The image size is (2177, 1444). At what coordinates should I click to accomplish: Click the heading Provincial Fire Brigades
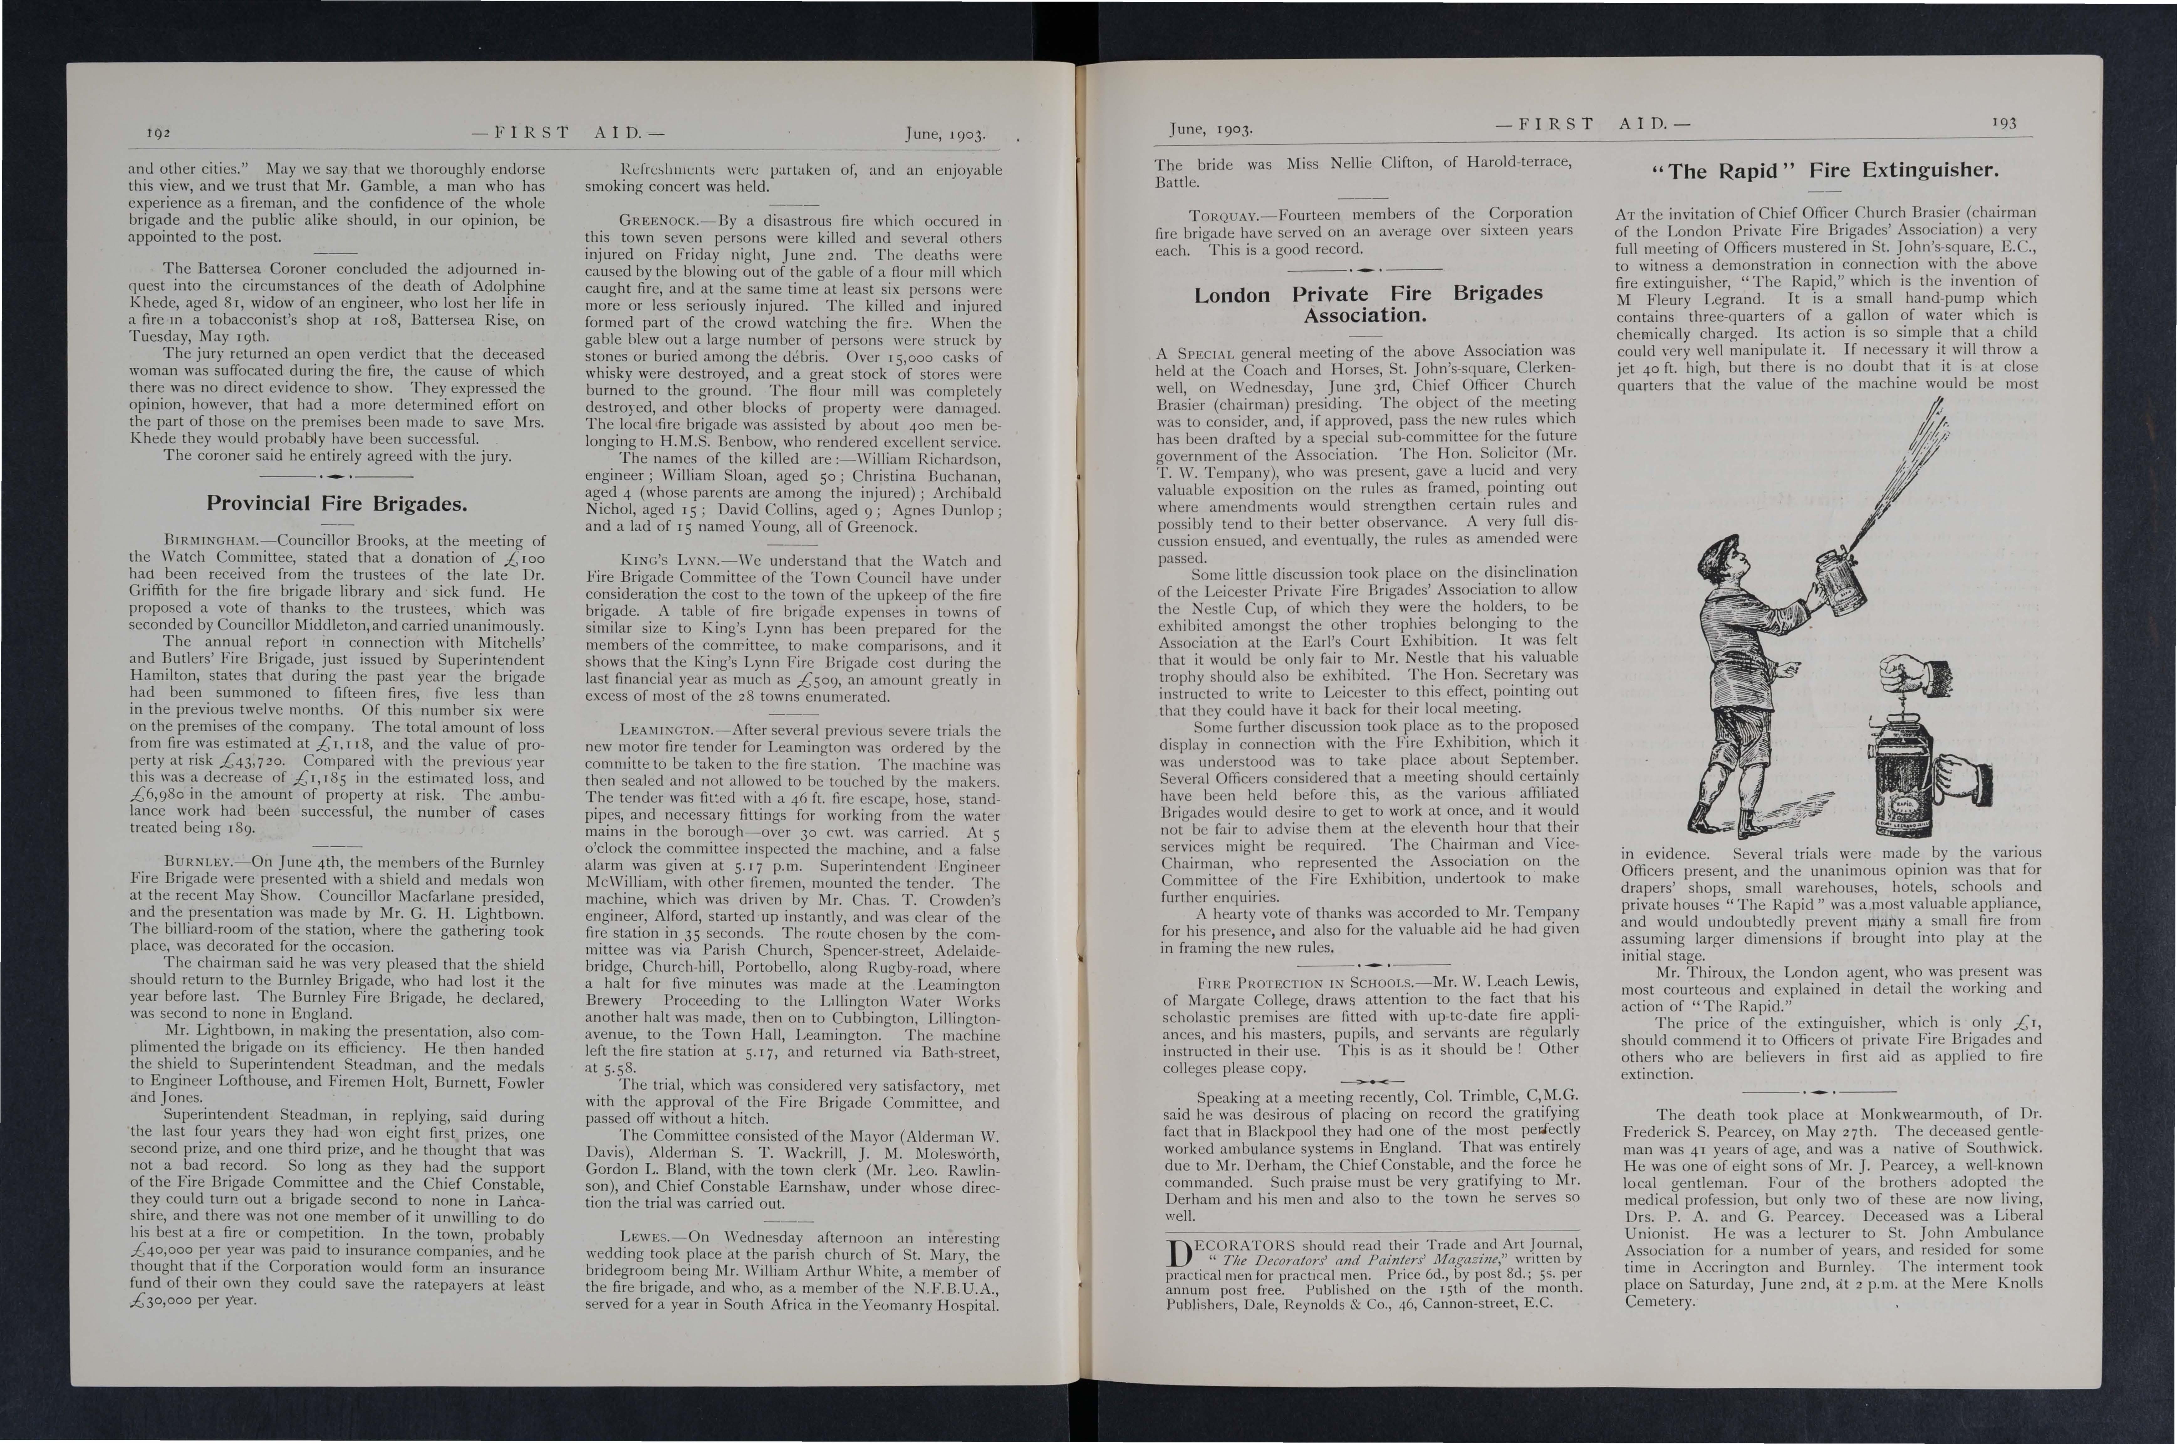pyautogui.click(x=336, y=504)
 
